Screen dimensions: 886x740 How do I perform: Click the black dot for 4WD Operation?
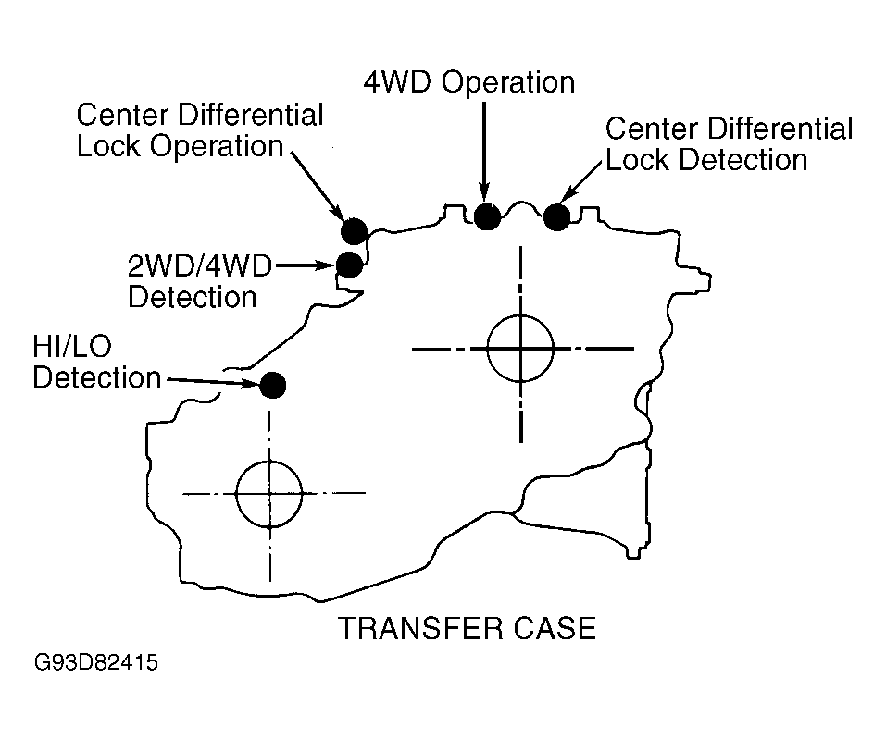[x=486, y=216]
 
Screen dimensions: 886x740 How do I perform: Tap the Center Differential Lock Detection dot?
[x=557, y=217]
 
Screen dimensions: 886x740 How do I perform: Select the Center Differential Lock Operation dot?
[x=355, y=231]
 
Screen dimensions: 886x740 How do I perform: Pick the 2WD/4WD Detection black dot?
[x=350, y=265]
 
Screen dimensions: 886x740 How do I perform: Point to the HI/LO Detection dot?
[x=273, y=385]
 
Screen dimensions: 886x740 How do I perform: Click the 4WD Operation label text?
[x=469, y=82]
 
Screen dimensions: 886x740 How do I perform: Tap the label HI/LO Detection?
[x=96, y=362]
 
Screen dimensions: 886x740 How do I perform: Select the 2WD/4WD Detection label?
[x=199, y=281]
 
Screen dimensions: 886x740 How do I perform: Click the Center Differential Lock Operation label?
[x=200, y=130]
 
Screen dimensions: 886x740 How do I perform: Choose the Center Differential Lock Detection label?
[x=729, y=144]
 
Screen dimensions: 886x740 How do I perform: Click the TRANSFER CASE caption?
[x=467, y=628]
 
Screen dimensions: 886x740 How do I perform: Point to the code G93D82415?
[x=96, y=662]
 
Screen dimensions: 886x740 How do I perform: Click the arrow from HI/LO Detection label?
[x=214, y=382]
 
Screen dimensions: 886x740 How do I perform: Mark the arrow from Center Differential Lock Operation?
[x=318, y=186]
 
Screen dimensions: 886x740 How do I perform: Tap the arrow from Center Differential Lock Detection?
[x=580, y=181]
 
